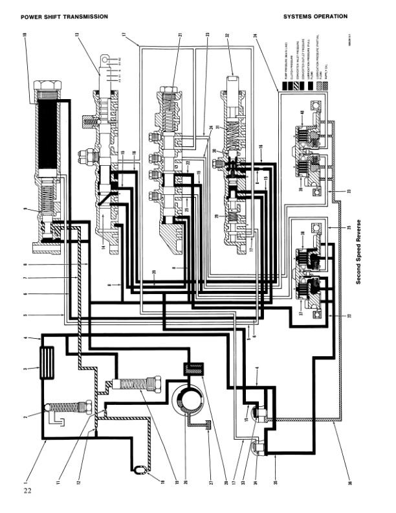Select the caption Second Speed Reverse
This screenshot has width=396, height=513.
tap(357, 246)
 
